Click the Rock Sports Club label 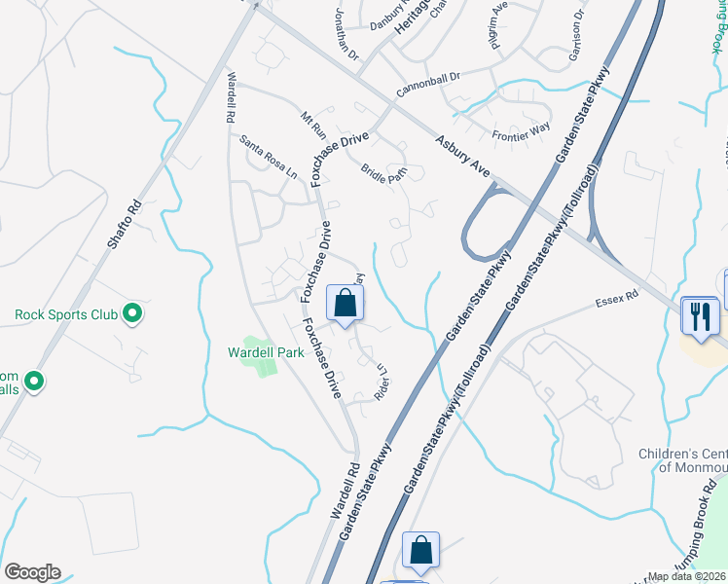coord(65,314)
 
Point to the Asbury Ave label coord(462,155)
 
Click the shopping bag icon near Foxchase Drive coord(345,303)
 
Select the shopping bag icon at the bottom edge coord(421,551)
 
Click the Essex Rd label coord(617,296)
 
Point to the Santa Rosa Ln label coord(268,157)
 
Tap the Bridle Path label coord(383,172)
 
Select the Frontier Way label coord(521,132)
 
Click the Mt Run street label coord(313,125)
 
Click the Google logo coord(32,572)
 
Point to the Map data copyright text coord(687,576)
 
